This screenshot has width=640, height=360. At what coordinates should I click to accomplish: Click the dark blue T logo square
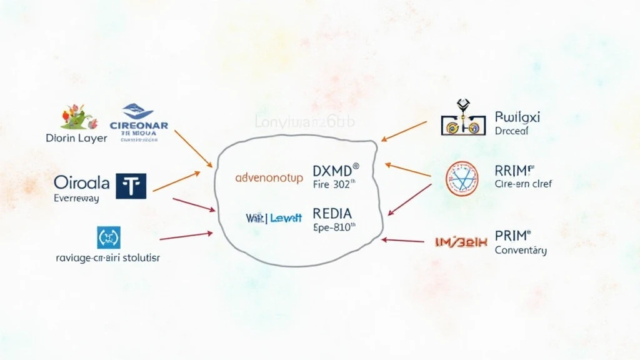[x=131, y=186]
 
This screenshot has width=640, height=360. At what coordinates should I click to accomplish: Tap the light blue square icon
[x=108, y=237]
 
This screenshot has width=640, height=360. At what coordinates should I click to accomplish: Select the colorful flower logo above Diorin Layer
[x=76, y=117]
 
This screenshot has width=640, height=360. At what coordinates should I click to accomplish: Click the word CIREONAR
[x=138, y=125]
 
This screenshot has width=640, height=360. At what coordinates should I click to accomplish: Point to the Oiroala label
[x=81, y=183]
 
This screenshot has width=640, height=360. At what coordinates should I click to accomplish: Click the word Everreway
[x=76, y=198]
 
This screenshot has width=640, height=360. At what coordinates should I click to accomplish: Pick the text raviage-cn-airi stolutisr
[x=107, y=257]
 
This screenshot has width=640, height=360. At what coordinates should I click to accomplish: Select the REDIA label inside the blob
[x=332, y=213]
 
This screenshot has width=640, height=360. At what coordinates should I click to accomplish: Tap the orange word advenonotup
[x=269, y=178]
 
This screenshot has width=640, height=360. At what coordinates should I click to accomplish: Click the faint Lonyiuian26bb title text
[x=304, y=121]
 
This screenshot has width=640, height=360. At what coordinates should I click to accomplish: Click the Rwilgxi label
[x=517, y=117]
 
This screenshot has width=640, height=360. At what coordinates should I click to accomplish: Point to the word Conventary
[x=521, y=251]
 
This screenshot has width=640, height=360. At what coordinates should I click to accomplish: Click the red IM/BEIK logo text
[x=460, y=241]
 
